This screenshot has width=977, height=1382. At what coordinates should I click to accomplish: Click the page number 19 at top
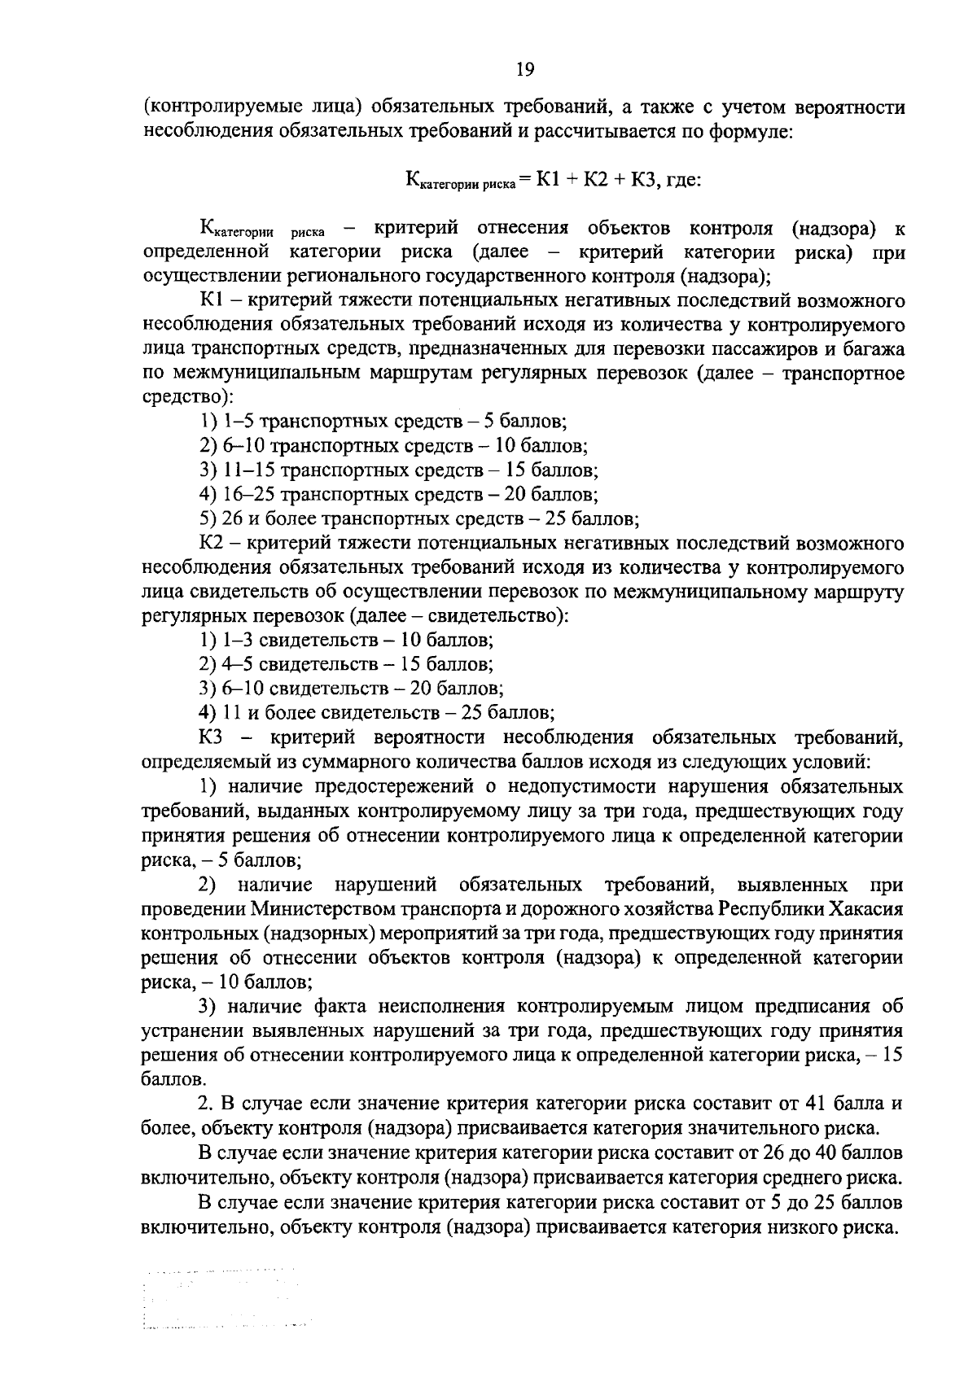pos(524,70)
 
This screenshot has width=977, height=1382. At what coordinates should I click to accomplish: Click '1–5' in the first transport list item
pos(237,422)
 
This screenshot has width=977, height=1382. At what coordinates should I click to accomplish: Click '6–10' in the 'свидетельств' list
pos(243,689)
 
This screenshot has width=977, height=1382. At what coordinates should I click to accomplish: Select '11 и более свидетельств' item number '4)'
pos(207,713)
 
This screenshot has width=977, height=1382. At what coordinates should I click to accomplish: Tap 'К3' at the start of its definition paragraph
pos(214,737)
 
